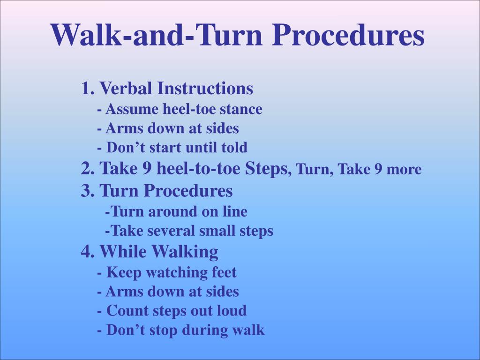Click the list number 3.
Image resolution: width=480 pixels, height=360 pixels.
(x=86, y=191)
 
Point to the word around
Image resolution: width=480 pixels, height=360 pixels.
(x=175, y=212)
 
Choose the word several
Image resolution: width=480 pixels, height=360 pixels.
(x=173, y=231)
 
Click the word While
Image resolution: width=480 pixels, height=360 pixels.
(x=123, y=252)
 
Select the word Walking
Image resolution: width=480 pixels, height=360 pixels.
(x=184, y=252)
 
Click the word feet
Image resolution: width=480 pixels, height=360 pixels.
(x=224, y=272)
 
